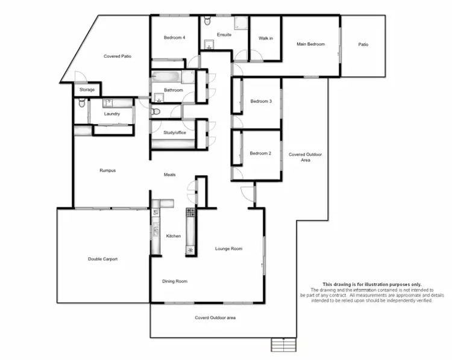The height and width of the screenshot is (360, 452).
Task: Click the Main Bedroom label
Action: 310,44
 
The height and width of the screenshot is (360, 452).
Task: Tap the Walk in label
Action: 266,38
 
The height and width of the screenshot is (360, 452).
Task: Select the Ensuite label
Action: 224,35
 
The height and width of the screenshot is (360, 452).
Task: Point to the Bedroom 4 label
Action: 174,38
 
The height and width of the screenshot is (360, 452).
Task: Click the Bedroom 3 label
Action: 261,101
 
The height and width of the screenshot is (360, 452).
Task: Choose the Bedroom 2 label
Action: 261,153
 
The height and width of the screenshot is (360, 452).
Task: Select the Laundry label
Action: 112,113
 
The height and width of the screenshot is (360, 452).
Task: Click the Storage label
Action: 87,90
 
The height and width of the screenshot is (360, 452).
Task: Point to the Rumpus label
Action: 107,170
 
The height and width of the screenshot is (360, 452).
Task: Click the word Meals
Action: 169,175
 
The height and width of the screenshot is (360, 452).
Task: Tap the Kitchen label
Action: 174,236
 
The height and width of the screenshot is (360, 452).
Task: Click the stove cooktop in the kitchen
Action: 190,213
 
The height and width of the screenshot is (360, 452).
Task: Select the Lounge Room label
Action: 229,248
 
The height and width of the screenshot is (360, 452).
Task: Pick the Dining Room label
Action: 175,281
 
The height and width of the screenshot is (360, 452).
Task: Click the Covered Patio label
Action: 118,56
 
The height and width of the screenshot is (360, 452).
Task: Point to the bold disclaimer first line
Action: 372,284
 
